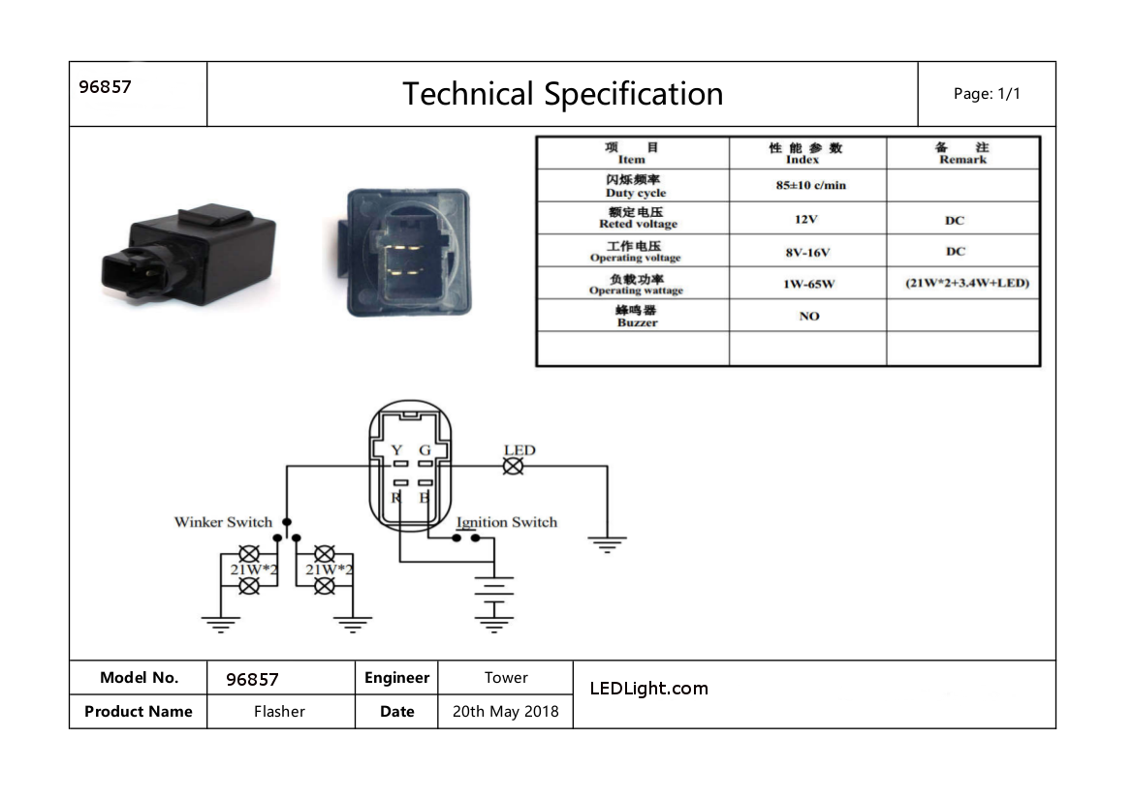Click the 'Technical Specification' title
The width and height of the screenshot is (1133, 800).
(x=562, y=94)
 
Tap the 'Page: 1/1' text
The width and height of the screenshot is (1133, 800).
(x=987, y=94)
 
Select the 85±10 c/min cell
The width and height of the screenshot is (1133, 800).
(x=810, y=185)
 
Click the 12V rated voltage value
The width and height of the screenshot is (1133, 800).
(x=805, y=219)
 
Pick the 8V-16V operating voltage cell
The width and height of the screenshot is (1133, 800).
(x=808, y=252)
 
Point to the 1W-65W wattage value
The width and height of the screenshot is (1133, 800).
(x=808, y=284)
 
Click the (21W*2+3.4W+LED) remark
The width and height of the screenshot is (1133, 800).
(x=967, y=282)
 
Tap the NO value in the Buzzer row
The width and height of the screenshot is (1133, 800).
(x=809, y=317)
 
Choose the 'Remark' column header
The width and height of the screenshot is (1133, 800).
(x=962, y=160)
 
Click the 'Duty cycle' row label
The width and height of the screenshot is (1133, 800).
(x=636, y=193)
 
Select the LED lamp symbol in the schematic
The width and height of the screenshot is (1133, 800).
(x=513, y=467)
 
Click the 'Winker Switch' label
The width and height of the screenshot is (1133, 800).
(x=223, y=522)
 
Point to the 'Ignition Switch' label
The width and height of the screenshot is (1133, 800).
(x=507, y=522)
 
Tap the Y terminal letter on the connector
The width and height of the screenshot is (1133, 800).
(x=396, y=449)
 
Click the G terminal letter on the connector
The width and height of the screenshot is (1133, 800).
(x=425, y=449)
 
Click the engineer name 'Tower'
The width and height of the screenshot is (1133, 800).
(x=506, y=677)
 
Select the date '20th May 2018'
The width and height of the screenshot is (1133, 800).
(x=506, y=711)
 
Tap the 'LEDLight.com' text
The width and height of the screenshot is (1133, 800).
(x=648, y=688)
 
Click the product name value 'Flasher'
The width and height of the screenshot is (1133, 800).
(x=280, y=711)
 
